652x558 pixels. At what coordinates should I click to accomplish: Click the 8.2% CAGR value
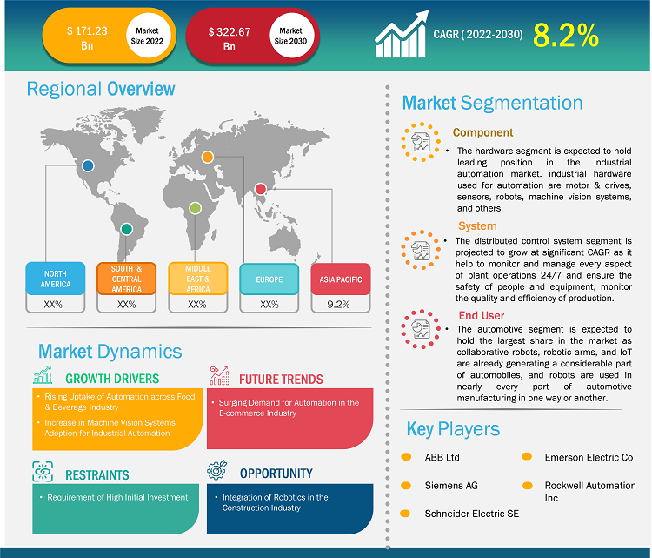point(565,35)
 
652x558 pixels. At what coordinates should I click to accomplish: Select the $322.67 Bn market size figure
point(230,38)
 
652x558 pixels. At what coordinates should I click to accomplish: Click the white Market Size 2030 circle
point(287,36)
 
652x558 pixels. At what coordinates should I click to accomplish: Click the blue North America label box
point(56,279)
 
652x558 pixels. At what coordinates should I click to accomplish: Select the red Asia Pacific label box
point(340,279)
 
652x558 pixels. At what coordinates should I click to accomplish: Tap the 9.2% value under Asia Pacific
point(340,304)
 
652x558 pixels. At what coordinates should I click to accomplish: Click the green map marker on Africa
point(196,208)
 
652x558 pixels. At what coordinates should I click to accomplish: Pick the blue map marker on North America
point(88,165)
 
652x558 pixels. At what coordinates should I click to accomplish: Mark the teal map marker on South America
point(127,228)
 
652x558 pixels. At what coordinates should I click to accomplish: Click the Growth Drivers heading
point(113,379)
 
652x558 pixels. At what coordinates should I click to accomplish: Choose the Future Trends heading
point(281,379)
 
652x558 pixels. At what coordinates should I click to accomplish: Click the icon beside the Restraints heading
point(43,473)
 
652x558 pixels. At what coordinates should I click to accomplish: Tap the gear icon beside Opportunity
point(217,471)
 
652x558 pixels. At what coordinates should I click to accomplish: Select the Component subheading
point(482,133)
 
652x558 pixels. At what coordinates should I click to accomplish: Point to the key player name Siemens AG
point(452,486)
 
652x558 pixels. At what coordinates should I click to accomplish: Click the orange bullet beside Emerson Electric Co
point(528,457)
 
